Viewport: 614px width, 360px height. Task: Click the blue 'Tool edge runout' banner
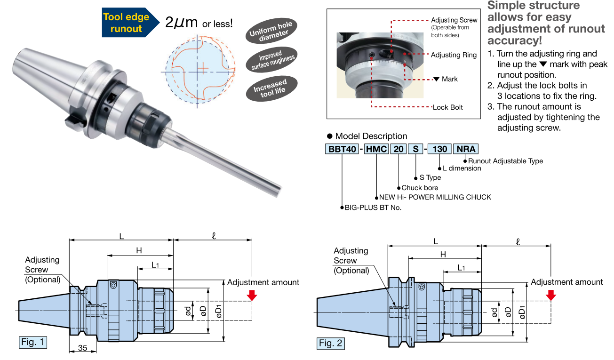click(126, 23)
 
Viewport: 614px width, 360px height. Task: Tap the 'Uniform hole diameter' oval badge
click(271, 32)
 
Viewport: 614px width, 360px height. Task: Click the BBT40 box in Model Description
click(341, 150)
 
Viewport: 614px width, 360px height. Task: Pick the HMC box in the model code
click(376, 150)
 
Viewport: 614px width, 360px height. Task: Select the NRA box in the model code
click(465, 150)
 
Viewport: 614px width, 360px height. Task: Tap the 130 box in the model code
click(439, 150)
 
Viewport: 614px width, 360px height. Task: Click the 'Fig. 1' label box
click(32, 342)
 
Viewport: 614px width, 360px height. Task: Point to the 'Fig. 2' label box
click(330, 343)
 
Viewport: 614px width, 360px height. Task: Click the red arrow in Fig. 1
click(252, 295)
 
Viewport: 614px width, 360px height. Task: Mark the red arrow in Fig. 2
click(551, 295)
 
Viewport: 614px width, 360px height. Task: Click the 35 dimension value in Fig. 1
click(83, 348)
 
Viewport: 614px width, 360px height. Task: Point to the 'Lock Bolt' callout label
click(447, 107)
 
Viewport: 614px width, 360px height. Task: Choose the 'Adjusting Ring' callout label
click(454, 55)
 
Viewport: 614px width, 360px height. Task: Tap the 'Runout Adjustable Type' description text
click(505, 161)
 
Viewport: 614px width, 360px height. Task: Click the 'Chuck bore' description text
click(420, 188)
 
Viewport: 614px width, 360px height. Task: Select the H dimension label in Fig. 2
click(443, 255)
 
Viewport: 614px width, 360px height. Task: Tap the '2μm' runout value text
click(181, 22)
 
